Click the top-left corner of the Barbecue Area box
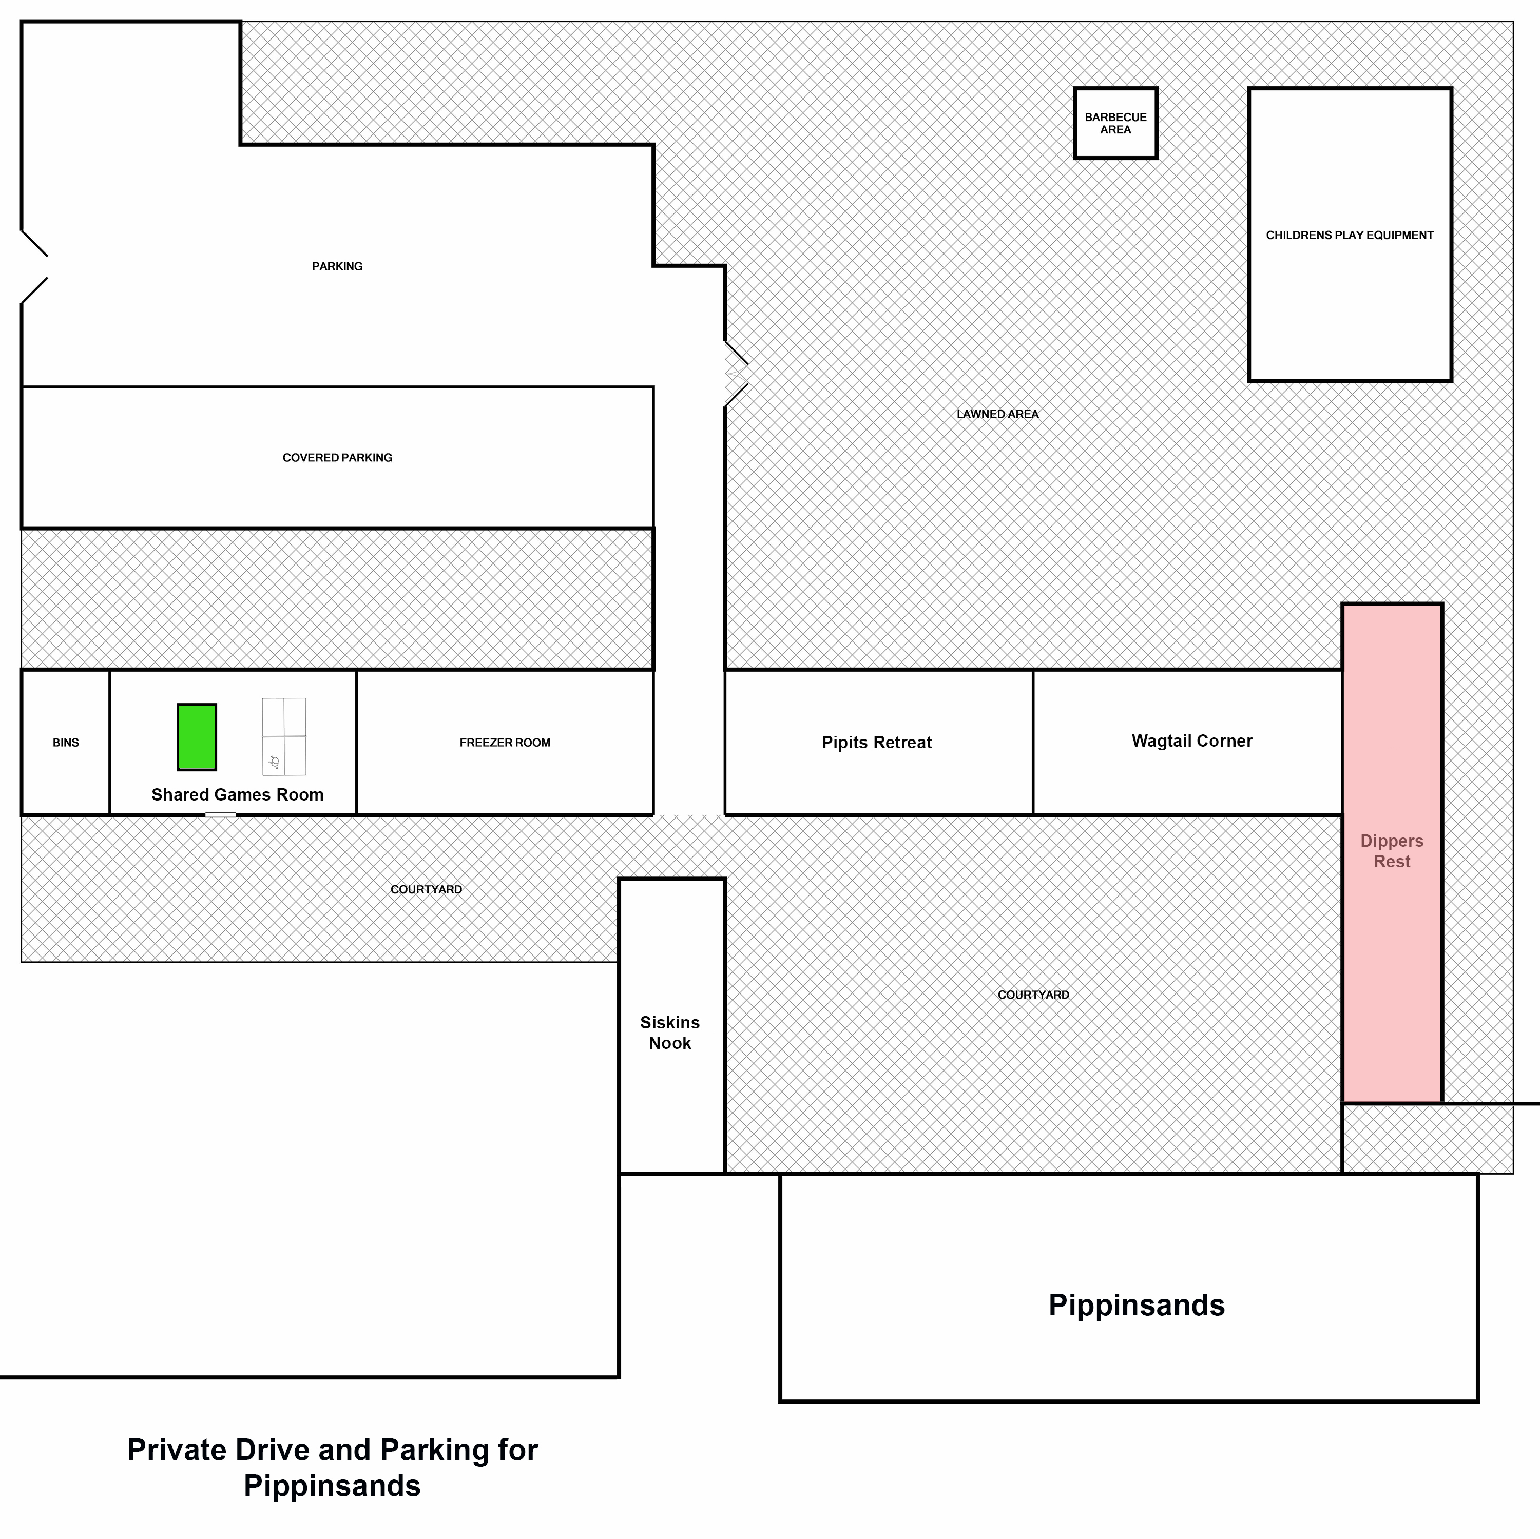[x=1075, y=88]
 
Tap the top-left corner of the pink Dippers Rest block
[x=1343, y=604]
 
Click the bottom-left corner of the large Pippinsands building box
[x=780, y=1400]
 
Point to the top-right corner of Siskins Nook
[x=724, y=879]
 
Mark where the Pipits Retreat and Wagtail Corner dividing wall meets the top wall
[x=1033, y=670]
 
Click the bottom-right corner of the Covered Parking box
[x=653, y=528]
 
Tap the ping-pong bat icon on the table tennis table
[x=274, y=762]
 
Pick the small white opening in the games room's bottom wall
[x=220, y=814]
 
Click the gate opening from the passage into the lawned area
[x=736, y=374]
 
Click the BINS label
[x=66, y=743]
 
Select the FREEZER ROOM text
[x=505, y=743]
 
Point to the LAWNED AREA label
[x=997, y=415]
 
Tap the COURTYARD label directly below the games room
[x=427, y=889]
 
